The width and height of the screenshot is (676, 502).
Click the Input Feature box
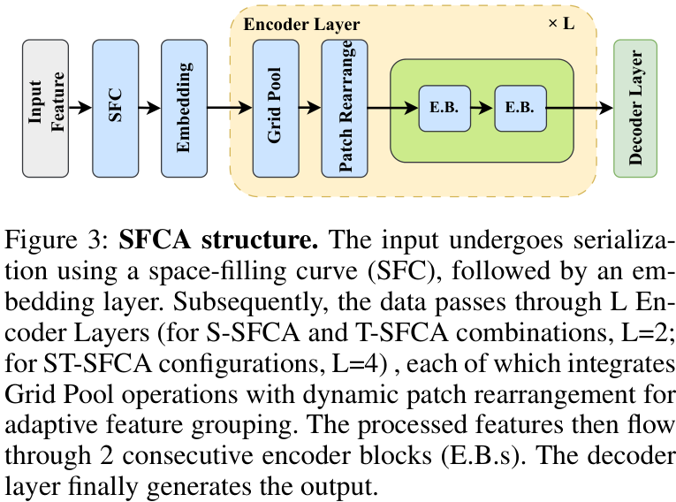45,108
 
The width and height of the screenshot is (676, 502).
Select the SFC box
115,108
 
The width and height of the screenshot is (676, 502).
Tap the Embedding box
184,108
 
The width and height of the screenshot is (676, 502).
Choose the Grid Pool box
276,108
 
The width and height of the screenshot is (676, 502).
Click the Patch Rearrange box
345,108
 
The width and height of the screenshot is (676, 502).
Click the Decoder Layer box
634,108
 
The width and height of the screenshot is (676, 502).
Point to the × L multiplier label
560,23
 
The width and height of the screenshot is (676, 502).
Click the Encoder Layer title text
301,24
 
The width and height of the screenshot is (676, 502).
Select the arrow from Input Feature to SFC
80,108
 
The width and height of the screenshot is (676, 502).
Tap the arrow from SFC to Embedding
149,108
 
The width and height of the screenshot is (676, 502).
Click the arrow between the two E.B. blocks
481,108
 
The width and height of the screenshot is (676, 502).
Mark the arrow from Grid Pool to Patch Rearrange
310,108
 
